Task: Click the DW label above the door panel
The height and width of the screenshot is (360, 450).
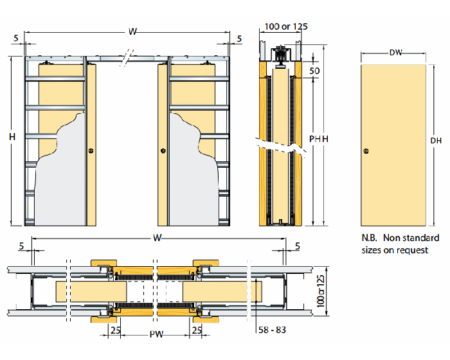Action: (395, 53)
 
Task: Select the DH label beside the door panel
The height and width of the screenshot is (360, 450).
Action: (435, 140)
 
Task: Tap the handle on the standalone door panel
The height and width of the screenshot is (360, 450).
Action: (366, 151)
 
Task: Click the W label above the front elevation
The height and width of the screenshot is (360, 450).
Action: (132, 32)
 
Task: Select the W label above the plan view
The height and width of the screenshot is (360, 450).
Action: (157, 239)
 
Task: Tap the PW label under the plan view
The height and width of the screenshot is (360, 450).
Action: (155, 335)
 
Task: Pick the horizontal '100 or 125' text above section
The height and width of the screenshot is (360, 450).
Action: (286, 26)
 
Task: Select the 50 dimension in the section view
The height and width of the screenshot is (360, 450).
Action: (314, 71)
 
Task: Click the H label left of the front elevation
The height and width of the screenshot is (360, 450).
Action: (11, 136)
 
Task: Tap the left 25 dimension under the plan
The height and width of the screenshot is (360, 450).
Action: (114, 330)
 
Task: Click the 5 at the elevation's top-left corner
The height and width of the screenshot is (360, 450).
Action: (15, 39)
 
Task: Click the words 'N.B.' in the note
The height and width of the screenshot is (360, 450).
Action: (370, 238)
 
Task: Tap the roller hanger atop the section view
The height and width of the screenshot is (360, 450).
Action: (281, 55)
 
